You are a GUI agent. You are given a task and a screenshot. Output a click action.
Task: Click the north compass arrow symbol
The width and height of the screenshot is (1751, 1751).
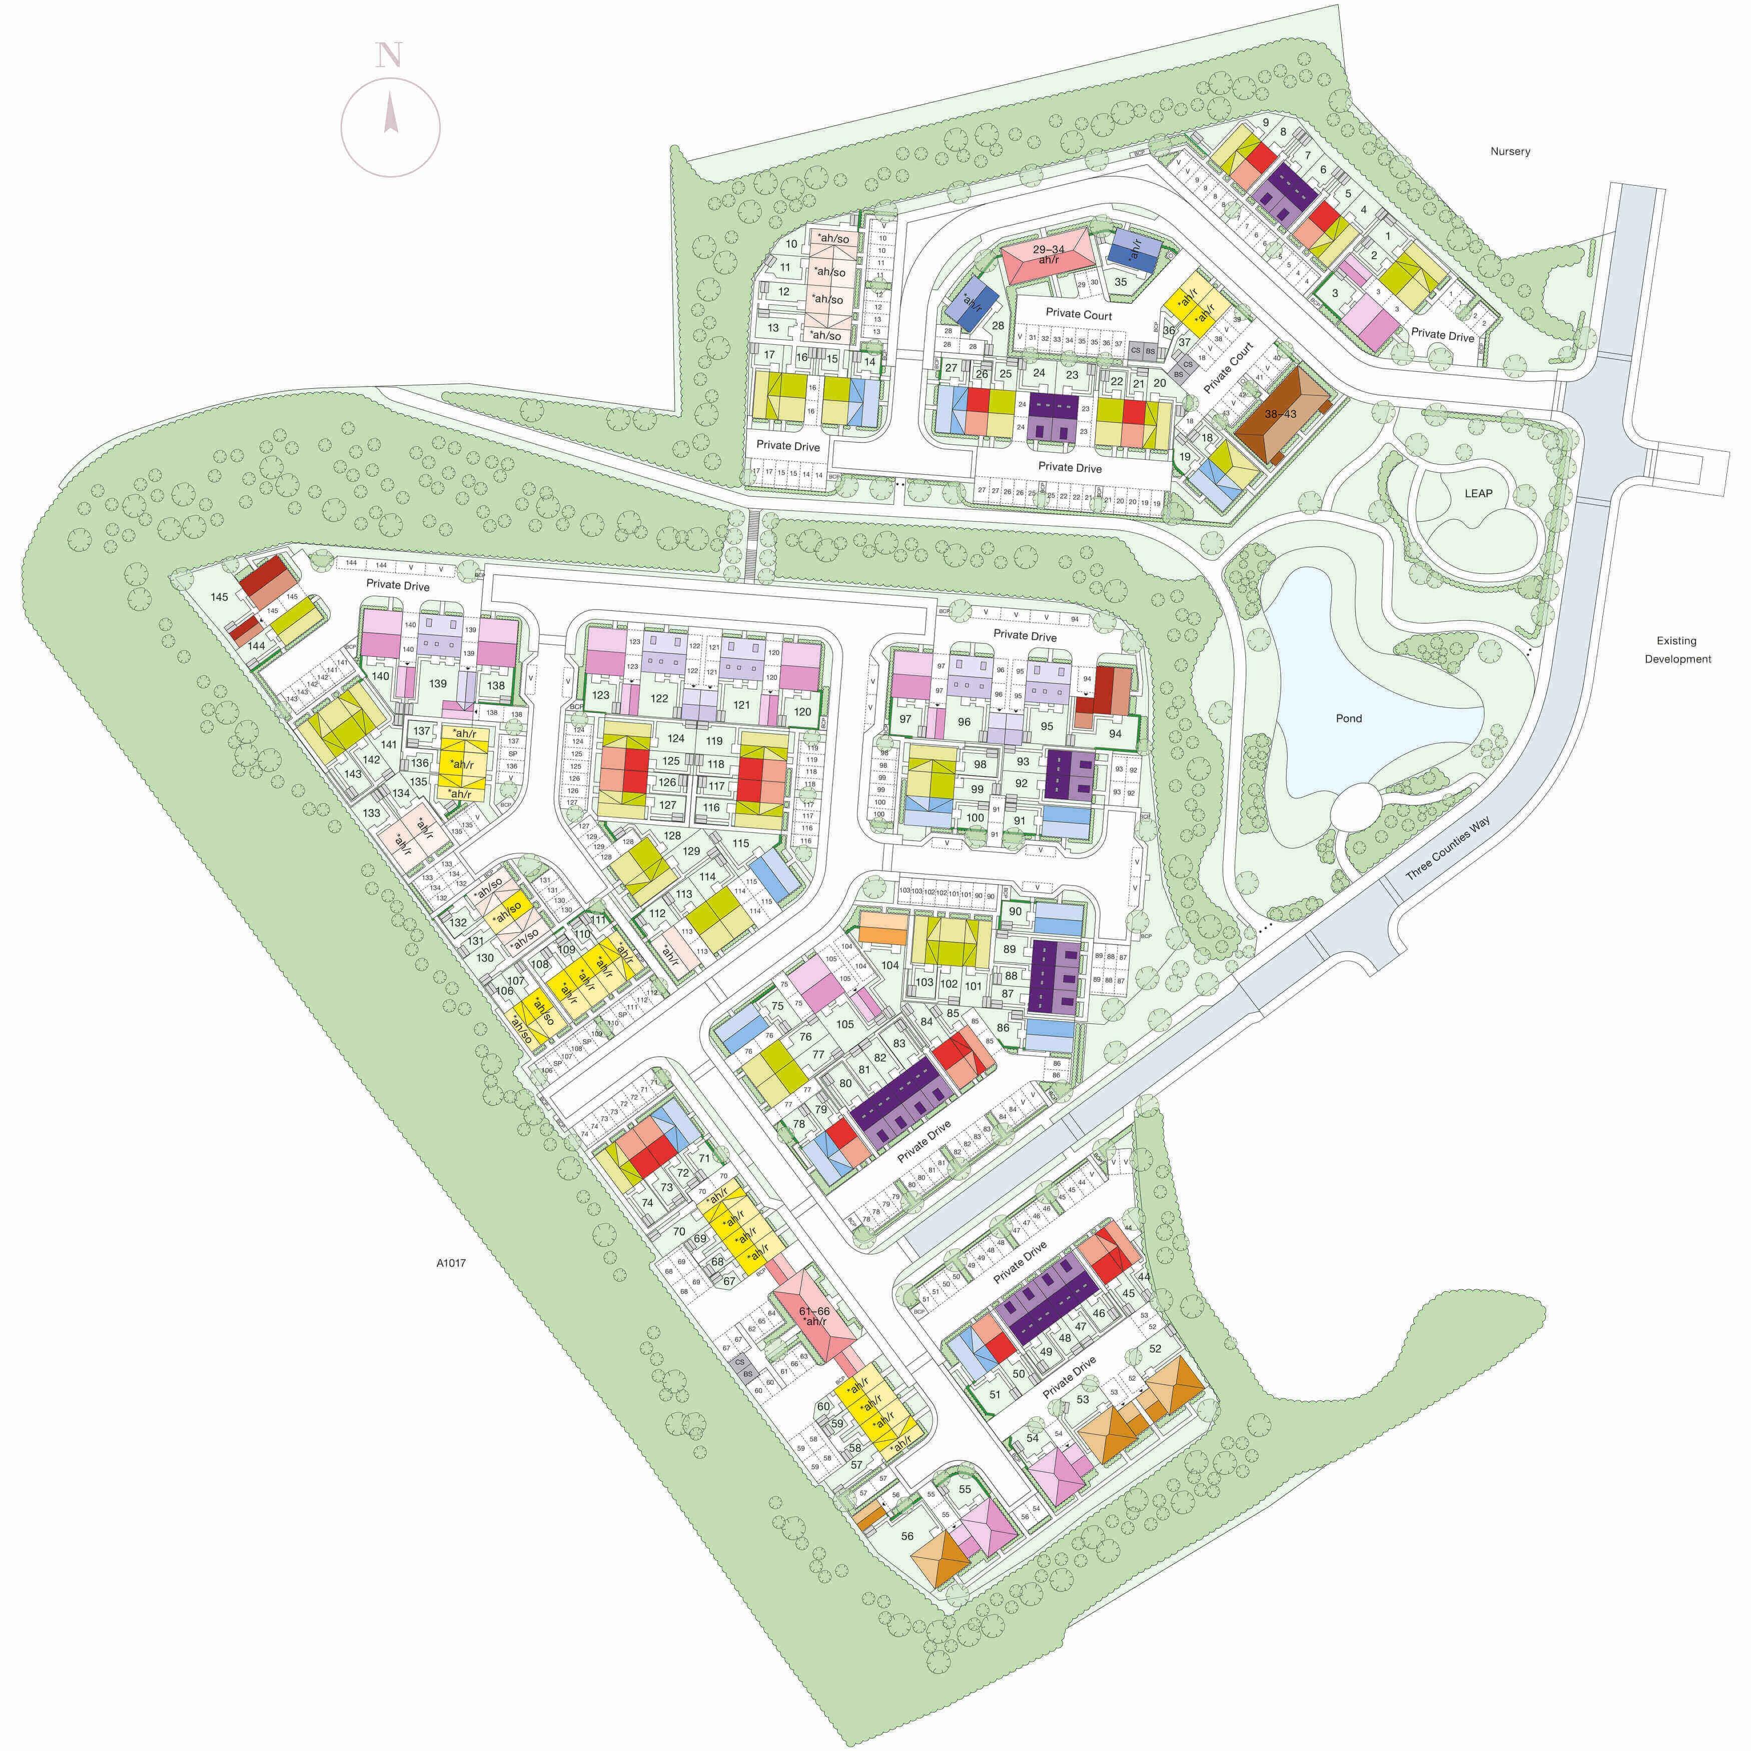(x=391, y=114)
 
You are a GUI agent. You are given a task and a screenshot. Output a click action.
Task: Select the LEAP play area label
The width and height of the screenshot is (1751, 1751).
(x=1478, y=493)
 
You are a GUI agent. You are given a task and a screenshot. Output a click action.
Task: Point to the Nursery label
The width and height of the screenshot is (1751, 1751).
(x=1510, y=152)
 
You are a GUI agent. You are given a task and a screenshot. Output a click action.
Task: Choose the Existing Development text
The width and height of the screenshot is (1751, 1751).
(x=1677, y=650)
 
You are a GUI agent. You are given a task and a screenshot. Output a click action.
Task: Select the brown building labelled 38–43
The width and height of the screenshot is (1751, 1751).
(x=1280, y=414)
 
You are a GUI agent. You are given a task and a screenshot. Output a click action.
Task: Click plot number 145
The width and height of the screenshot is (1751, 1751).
(x=219, y=597)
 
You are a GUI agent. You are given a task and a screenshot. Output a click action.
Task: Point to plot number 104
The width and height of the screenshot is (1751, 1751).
(x=890, y=965)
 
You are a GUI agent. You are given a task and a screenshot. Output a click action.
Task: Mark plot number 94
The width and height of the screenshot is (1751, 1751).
(x=1115, y=734)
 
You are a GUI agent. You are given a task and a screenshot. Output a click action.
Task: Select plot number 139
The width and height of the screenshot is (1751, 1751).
(x=438, y=683)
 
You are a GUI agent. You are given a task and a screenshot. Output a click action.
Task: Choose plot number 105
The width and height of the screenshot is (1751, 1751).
(x=844, y=1024)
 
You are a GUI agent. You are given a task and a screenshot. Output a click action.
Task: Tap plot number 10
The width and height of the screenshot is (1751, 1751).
(x=791, y=244)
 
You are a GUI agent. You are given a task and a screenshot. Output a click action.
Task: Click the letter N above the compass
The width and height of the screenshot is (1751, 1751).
(x=389, y=56)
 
